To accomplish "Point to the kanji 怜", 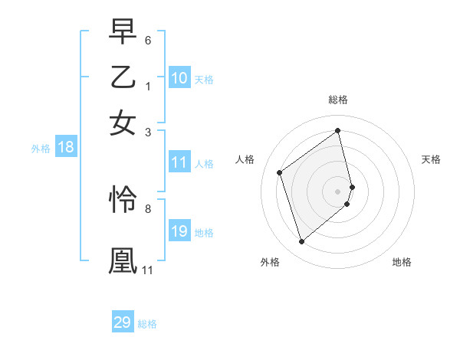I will click(x=123, y=199).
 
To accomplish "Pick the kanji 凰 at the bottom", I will click(x=123, y=260).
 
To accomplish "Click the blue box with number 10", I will click(x=179, y=78).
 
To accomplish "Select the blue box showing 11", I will click(x=179, y=162).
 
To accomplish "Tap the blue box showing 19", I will click(x=179, y=231).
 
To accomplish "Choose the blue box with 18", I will click(x=65, y=148).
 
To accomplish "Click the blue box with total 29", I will click(x=123, y=322).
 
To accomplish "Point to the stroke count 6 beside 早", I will click(x=148, y=40).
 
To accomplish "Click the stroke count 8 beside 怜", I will click(x=148, y=208).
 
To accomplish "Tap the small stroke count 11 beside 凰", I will click(x=147, y=270).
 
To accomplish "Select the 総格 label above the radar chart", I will click(x=338, y=100).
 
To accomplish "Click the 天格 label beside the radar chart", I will click(x=432, y=159).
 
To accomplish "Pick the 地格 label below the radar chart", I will click(x=402, y=262).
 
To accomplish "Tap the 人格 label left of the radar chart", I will click(x=245, y=159).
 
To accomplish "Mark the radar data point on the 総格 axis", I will click(x=338, y=130).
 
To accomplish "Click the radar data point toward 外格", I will click(x=301, y=242).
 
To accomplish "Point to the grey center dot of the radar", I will click(x=338, y=190).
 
